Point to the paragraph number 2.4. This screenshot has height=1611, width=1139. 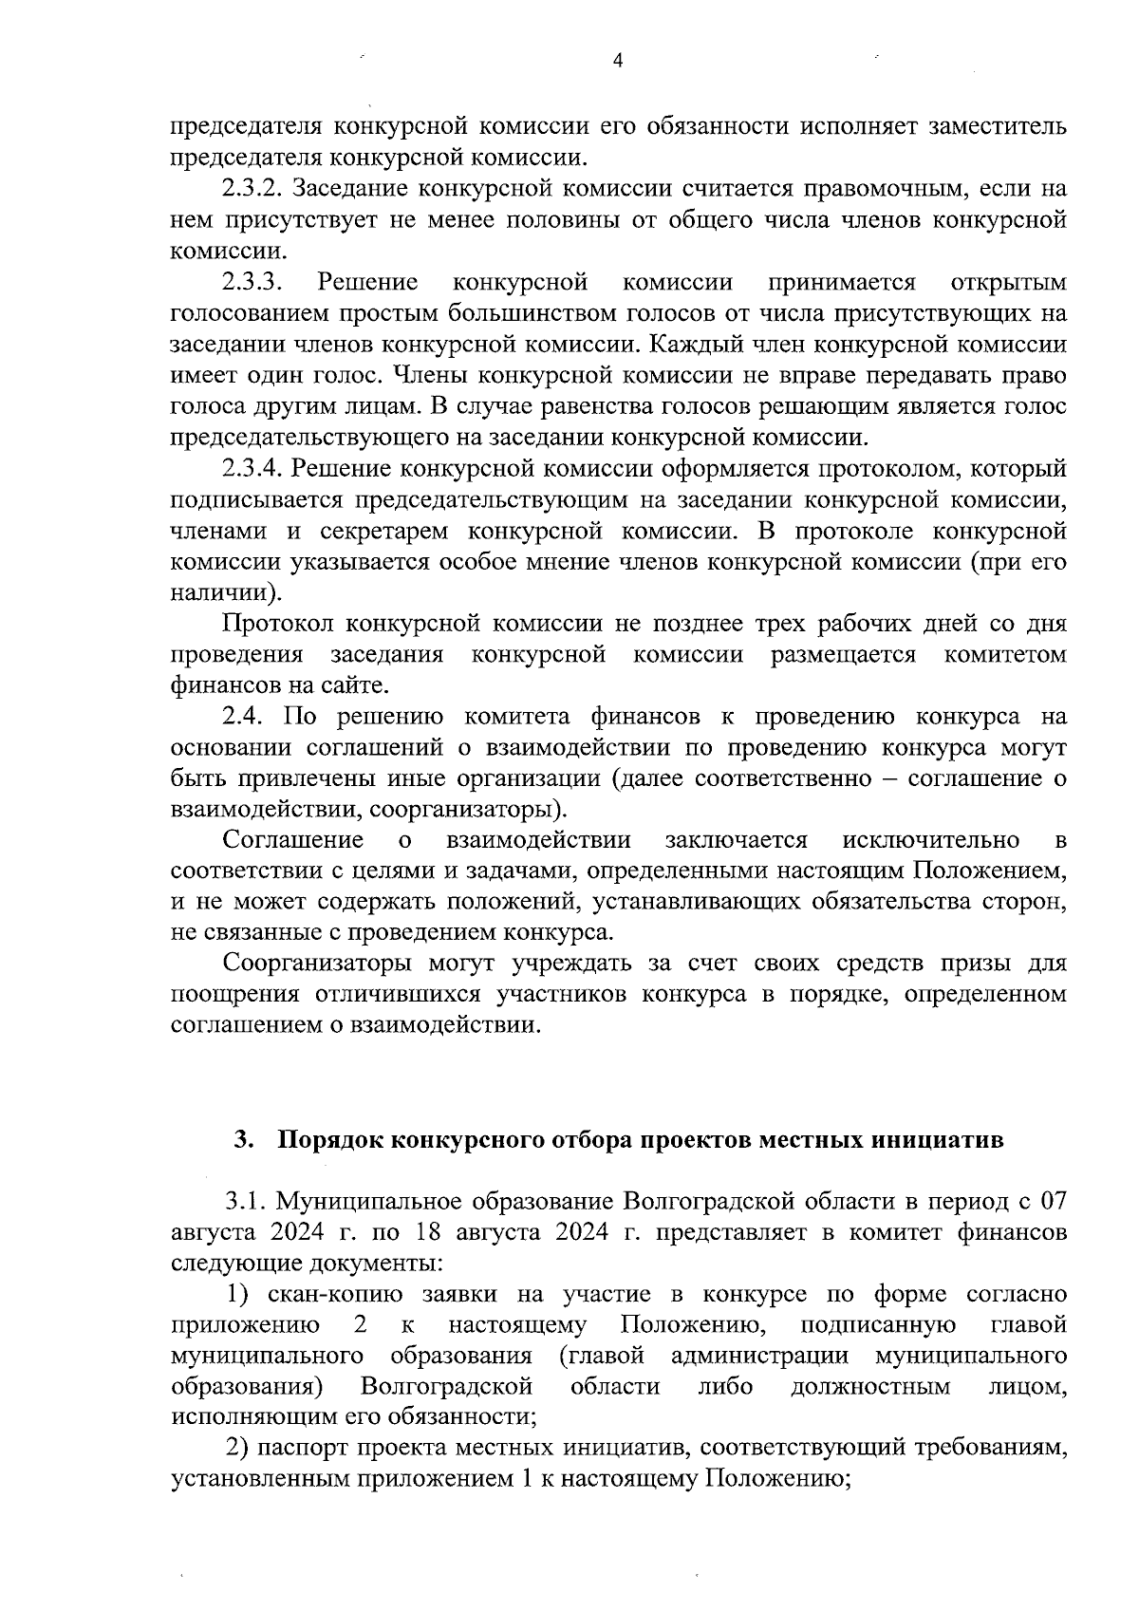pyautogui.click(x=242, y=717)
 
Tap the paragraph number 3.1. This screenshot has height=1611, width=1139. pyautogui.click(x=244, y=1202)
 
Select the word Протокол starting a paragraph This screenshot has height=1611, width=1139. pyautogui.click(x=277, y=624)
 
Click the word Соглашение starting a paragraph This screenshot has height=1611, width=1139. pyautogui.click(x=293, y=840)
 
